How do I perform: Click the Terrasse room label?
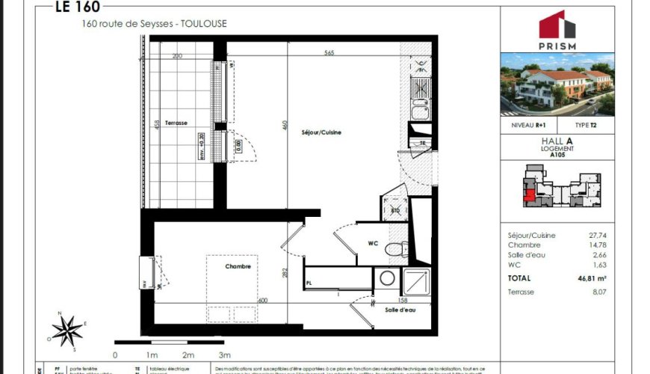(176, 123)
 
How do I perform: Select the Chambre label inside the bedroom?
(238, 266)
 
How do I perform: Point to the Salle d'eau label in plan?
(401, 310)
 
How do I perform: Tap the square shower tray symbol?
(416, 281)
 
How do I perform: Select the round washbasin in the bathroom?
(388, 278)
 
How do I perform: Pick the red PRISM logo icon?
(557, 25)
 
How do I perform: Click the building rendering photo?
(557, 84)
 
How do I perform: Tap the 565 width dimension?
(329, 53)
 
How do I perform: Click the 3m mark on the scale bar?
(224, 355)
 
